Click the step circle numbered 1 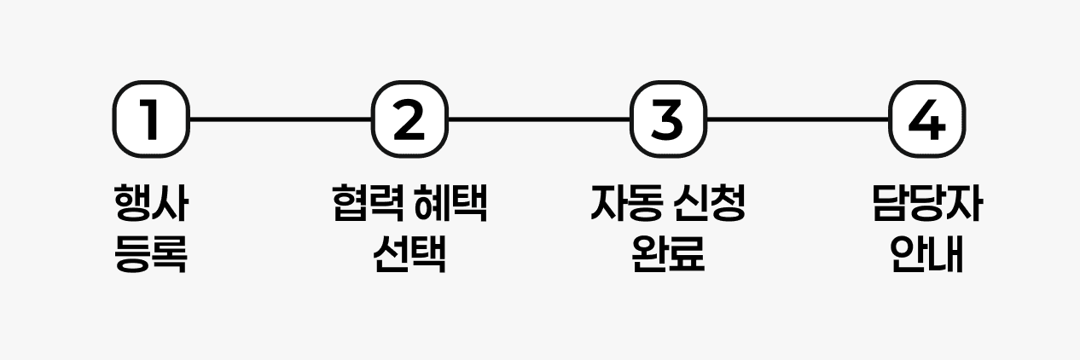click(x=151, y=120)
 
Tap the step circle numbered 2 click(x=409, y=120)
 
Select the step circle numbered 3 click(x=668, y=120)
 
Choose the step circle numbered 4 click(x=926, y=120)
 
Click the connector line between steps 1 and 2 click(x=280, y=120)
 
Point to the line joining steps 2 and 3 click(x=538, y=120)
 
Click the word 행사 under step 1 click(x=151, y=205)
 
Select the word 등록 click(x=151, y=253)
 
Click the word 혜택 click(x=450, y=205)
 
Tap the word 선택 click(x=409, y=253)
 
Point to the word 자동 click(x=627, y=205)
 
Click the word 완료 click(x=668, y=253)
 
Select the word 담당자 click(x=926, y=205)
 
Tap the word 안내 click(x=926, y=253)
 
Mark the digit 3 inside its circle click(x=668, y=120)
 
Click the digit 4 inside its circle click(x=926, y=120)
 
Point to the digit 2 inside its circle click(x=409, y=120)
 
